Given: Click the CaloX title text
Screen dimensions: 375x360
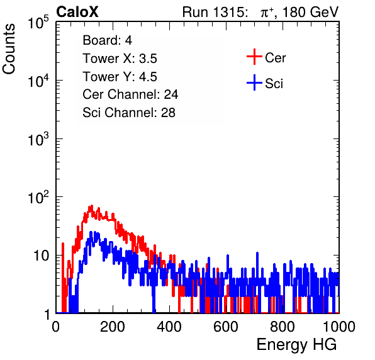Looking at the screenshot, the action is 77,12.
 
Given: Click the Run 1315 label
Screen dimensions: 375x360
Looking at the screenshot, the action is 215,12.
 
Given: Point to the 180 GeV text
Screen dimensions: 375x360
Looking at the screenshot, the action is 310,12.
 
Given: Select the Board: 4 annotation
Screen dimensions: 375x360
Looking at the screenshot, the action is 107,40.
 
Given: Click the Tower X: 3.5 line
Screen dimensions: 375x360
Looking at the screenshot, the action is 120,59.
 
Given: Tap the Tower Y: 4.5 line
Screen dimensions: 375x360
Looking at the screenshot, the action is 120,77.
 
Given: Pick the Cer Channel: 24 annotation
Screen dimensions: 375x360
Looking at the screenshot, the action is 130,94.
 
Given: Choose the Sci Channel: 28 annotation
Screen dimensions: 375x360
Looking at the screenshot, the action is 129,113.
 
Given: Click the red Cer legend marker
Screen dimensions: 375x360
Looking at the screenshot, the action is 254,57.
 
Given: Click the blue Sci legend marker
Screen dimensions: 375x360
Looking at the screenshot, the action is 254,83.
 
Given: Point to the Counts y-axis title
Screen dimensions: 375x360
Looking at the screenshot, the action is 9,49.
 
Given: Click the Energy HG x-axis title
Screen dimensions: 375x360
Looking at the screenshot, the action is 296,345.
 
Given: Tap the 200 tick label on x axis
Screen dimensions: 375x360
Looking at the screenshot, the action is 113,327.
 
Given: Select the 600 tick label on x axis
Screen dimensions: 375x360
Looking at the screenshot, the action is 226,327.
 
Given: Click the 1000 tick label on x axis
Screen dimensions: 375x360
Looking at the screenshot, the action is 339,327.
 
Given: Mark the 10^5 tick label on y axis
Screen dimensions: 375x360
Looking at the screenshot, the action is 38,22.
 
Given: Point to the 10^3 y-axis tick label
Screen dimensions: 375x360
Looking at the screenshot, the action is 38,139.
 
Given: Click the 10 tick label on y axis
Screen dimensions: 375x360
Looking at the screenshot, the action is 42,256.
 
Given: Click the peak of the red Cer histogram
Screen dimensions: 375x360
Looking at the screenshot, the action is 91,206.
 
